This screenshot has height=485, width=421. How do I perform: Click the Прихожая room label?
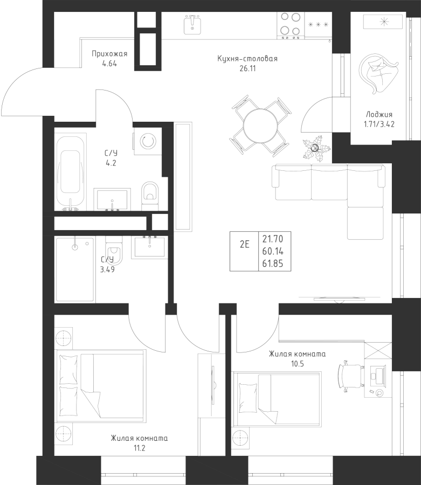pos(109,54)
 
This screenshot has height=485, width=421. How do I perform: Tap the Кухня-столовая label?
pos(247,58)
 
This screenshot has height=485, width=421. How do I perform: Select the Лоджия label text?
pos(379,114)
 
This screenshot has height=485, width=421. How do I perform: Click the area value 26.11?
pos(247,68)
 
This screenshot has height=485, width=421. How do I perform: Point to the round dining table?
pos(261,126)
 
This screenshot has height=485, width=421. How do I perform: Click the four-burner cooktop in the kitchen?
pos(291,24)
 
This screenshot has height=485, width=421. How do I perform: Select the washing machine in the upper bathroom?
pos(148,142)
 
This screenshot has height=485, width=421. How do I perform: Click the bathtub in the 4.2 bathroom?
pos(71,172)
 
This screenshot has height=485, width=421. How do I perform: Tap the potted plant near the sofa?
pos(316,148)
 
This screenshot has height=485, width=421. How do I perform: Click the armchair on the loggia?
pos(378,74)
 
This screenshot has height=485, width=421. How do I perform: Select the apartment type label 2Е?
pos(244,245)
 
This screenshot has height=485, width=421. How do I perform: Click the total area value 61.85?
pos(273,264)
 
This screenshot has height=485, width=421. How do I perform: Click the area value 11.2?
pos(139,448)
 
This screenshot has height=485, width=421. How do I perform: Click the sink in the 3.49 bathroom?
pos(149,246)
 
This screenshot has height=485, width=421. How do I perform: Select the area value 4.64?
pos(109,64)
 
